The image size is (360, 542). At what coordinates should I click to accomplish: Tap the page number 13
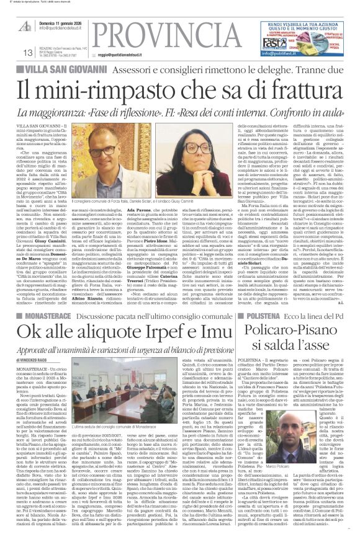(27, 53)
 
